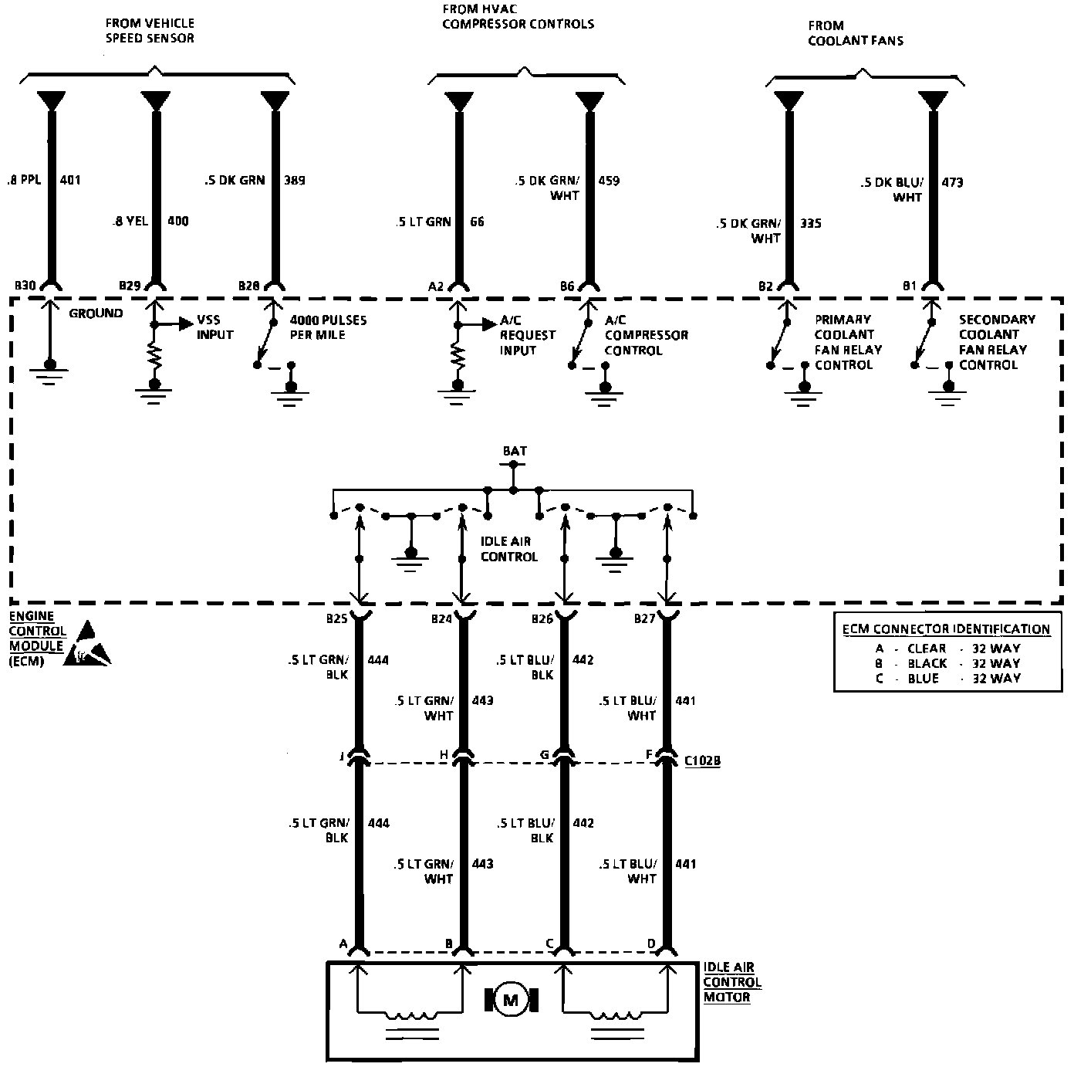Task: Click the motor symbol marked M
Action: coord(510,1000)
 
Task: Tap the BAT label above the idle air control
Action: coord(515,451)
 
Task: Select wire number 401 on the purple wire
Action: coord(69,181)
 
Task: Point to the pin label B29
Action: coord(130,286)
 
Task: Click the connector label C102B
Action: coord(702,760)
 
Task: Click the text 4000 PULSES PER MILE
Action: coord(328,327)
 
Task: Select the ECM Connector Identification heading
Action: coord(946,629)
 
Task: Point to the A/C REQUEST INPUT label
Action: coord(528,335)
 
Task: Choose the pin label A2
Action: coord(436,286)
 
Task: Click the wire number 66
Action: coord(477,222)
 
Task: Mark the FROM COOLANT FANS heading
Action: coord(855,33)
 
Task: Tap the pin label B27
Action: coord(645,619)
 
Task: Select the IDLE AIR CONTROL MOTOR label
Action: coord(732,982)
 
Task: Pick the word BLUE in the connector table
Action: coord(923,679)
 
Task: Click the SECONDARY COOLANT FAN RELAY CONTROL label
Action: coord(997,342)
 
